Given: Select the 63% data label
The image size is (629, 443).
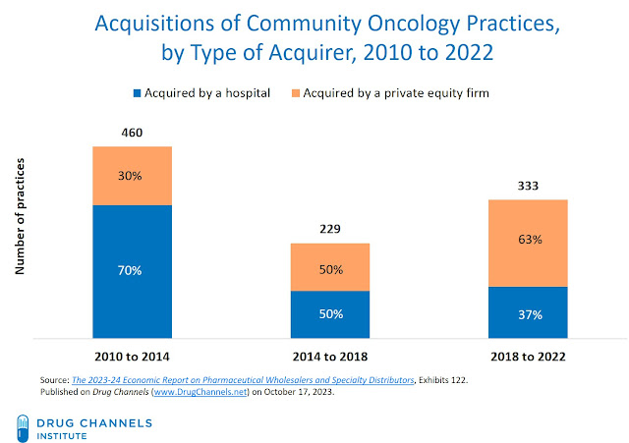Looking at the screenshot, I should [x=529, y=240].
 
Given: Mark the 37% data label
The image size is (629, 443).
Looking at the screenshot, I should [x=529, y=314].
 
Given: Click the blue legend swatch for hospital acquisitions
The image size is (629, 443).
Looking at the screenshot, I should [x=137, y=93].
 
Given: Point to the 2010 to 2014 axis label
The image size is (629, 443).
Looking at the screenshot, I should [x=133, y=354].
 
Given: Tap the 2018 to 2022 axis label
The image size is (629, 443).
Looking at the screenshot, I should [x=529, y=354].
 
